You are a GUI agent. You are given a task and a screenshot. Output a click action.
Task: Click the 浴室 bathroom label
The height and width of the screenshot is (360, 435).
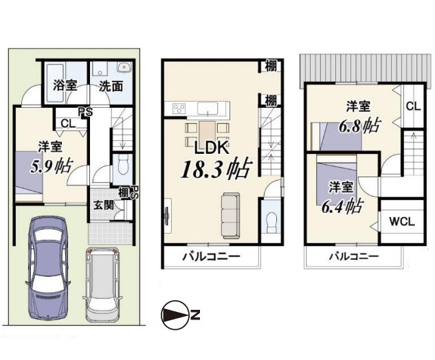tap(65, 85)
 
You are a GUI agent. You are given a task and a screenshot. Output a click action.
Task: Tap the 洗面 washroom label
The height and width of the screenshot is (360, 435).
tap(111, 87)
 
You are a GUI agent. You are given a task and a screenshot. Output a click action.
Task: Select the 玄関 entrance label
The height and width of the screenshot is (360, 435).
tap(103, 206)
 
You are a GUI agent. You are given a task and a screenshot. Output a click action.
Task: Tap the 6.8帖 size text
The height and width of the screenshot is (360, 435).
tap(359, 126)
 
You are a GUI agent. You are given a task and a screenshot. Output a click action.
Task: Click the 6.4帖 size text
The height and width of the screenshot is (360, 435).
tap(342, 207)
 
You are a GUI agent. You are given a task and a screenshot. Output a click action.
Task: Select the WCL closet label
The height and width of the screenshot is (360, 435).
tap(402, 222)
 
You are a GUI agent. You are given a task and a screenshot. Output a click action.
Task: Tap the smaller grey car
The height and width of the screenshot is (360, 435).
tap(102, 285)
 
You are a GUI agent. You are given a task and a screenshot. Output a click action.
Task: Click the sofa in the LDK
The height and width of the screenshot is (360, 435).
tap(230, 216)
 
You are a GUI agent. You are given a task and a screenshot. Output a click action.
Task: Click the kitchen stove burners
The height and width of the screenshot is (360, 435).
tap(179, 108)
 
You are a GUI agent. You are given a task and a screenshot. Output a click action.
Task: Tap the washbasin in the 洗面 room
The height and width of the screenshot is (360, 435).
tap(124, 67)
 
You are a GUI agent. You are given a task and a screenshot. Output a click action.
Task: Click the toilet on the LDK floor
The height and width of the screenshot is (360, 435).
tap(271, 222)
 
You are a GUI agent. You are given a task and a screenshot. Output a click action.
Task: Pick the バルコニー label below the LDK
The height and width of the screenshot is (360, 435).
tap(211, 256)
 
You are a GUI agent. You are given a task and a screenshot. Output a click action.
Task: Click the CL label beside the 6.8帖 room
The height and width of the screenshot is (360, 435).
tap(414, 106)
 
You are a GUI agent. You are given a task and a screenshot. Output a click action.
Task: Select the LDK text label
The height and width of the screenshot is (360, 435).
tap(212, 148)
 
